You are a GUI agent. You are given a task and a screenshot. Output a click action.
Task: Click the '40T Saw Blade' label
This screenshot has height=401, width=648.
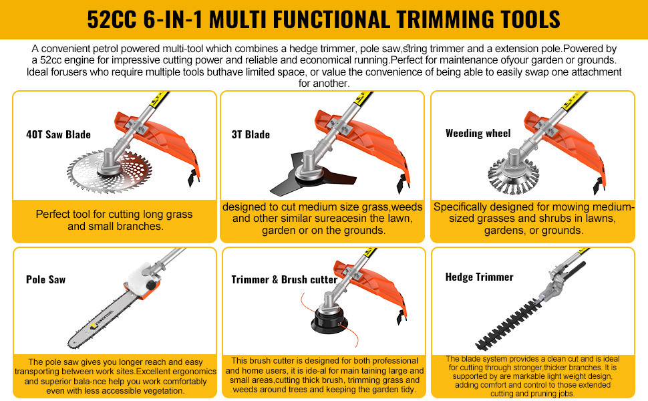coord(58,134)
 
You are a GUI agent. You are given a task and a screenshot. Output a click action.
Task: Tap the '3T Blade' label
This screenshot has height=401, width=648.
coord(251,134)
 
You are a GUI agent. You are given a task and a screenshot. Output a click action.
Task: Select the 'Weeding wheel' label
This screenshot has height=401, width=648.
coord(478,133)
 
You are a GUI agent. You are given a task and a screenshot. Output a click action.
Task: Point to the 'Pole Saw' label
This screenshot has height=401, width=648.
coord(46,279)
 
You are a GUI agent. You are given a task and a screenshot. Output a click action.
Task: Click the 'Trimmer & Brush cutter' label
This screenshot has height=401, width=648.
coord(285,279)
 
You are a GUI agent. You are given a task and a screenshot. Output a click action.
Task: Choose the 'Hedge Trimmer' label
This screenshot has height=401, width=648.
coord(480,277)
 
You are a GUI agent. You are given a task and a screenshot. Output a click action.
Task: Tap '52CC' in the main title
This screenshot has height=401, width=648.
coord(111,19)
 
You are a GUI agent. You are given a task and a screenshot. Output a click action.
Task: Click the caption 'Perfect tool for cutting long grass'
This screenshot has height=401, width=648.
coord(114,214)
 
